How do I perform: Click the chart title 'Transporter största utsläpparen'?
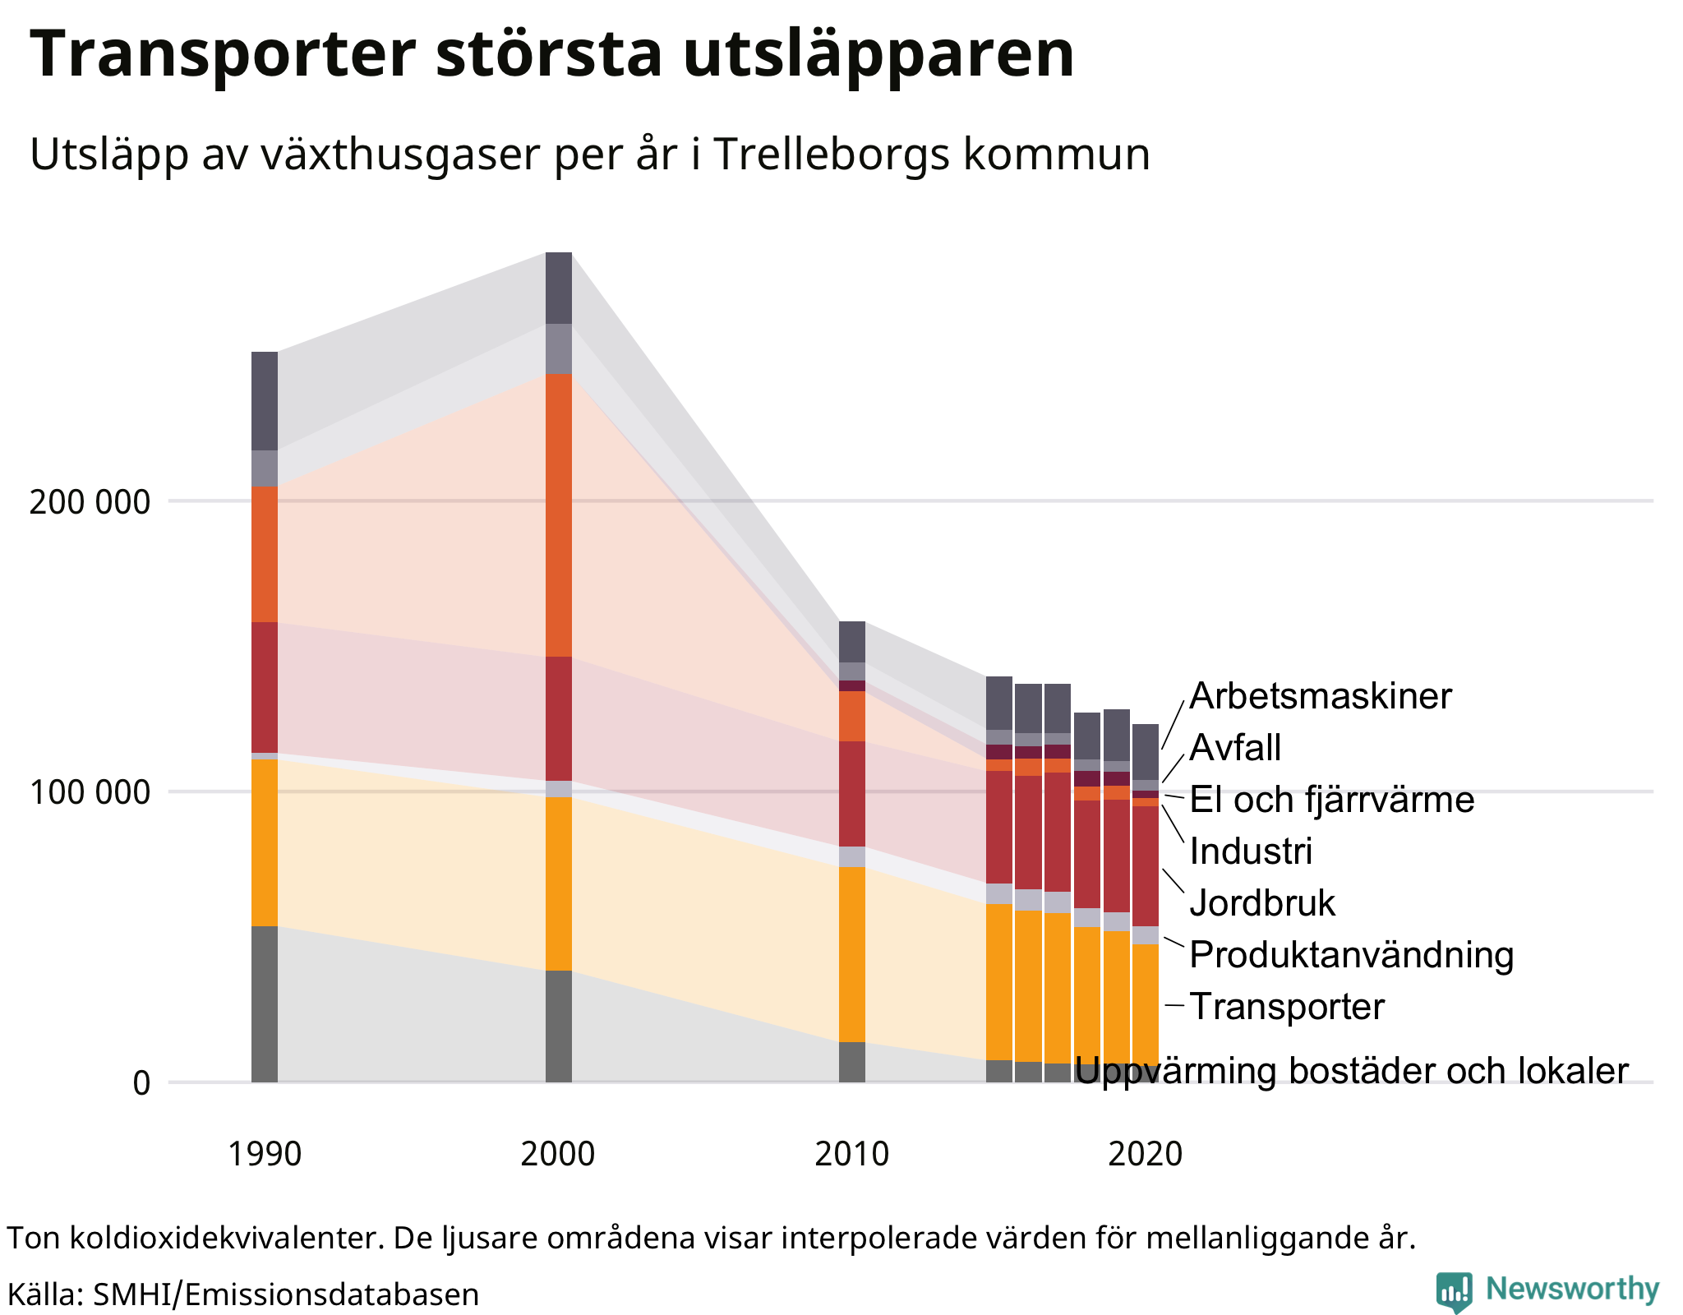552,54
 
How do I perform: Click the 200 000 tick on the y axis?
90,501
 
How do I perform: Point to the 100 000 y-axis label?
90,792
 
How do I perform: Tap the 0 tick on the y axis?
141,1083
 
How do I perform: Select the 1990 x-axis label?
264,1154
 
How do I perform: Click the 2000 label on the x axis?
558,1154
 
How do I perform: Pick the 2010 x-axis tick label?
851,1154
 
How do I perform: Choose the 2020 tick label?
1145,1154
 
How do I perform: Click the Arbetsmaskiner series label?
1320,696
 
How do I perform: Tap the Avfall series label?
1235,748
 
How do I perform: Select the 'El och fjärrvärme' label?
1331,800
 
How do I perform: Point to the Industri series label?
1251,851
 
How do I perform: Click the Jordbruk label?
1262,903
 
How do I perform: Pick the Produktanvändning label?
1351,955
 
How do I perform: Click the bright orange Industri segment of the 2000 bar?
559,514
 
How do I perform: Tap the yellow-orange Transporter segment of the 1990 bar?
265,842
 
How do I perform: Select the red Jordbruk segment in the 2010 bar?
852,793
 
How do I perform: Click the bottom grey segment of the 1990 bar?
265,1004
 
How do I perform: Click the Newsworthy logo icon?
1454,1292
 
